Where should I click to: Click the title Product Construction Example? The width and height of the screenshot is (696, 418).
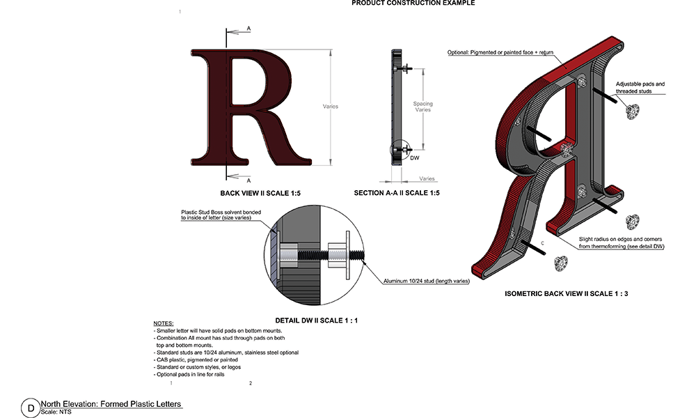point(413,3)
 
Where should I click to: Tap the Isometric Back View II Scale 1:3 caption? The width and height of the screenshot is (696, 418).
point(567,294)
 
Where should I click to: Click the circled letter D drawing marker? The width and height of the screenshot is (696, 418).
point(30,408)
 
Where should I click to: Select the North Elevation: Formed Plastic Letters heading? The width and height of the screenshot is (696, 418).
point(111,404)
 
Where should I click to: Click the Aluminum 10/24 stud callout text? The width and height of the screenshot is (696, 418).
point(425,281)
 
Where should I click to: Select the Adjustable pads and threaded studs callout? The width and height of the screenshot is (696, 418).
point(640,87)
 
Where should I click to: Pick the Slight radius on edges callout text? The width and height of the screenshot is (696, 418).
point(622,242)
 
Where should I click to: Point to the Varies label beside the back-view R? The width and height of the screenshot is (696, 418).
point(331,107)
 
